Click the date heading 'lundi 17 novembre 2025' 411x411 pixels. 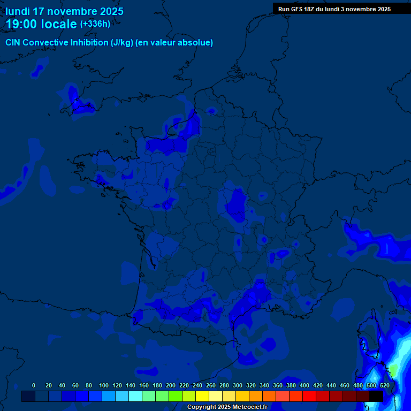pos(64,11)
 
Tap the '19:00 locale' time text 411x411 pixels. pos(41,24)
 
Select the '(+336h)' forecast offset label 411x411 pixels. pos(95,24)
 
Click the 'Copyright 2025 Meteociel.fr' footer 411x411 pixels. pos(227,407)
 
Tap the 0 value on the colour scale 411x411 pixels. pos(34,385)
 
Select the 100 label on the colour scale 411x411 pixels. pos(104,385)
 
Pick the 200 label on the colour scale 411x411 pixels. pos(171,385)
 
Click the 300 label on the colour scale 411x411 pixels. pos(238,385)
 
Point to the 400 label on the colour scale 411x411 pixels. pos(305,385)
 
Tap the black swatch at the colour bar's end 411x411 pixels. pos(376,396)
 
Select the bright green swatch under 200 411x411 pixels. pos(175,396)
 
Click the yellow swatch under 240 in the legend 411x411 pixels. pos(202,396)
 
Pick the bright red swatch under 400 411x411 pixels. pos(309,396)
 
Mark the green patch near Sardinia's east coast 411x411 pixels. pos(393,369)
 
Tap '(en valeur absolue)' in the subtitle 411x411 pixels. pos(174,43)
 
